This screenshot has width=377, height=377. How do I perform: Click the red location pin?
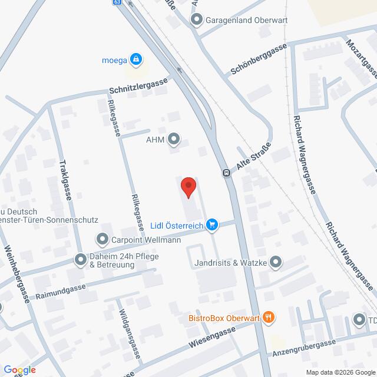(188, 187)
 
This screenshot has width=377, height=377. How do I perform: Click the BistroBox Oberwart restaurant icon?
(269, 318)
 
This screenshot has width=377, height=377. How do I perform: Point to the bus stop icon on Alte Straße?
(226, 173)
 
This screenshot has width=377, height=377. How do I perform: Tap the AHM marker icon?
(174, 139)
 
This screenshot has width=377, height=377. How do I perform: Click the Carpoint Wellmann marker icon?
(102, 239)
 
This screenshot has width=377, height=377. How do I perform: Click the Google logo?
(19, 369)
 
